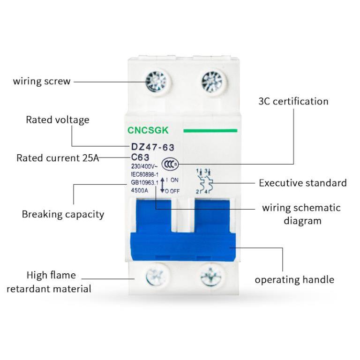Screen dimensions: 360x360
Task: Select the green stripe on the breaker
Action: [x=210, y=130]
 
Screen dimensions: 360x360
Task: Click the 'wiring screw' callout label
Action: [x=42, y=81]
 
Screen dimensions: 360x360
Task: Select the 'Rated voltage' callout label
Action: [x=57, y=120]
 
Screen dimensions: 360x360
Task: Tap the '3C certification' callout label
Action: [x=293, y=101]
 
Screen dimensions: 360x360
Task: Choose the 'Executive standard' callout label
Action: [x=303, y=183]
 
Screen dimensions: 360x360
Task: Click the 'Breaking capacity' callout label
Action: [x=63, y=215]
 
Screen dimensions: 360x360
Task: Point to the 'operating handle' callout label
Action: [x=294, y=280]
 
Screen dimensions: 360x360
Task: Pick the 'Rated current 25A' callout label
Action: [x=58, y=158]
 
